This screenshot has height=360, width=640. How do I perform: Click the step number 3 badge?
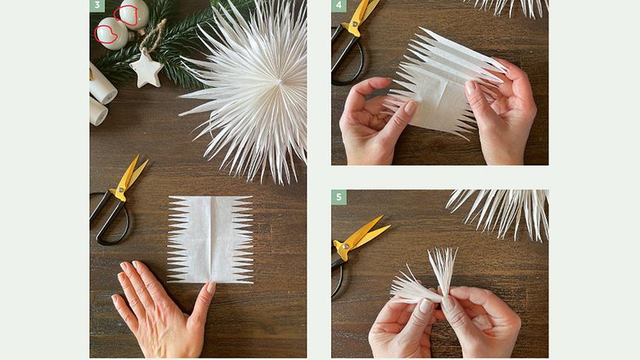(97, 5)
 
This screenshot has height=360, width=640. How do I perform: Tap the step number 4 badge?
(339, 5)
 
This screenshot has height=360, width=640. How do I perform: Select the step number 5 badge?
(339, 197)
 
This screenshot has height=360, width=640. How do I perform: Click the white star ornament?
(146, 70)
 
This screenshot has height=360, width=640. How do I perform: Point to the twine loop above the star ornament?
(153, 35)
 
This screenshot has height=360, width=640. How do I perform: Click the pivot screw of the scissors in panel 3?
(121, 190)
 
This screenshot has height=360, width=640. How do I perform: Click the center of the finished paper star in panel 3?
(279, 82)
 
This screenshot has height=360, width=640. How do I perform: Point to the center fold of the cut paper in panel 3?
(211, 239)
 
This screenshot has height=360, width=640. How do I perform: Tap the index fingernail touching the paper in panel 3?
(210, 287)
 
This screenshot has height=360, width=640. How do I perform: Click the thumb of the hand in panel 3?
(202, 307)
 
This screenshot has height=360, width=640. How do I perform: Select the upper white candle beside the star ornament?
(102, 84)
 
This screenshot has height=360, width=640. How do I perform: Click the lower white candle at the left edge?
(98, 111)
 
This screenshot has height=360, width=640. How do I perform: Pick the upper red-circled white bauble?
(133, 14)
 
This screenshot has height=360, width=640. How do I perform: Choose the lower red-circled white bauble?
(112, 33)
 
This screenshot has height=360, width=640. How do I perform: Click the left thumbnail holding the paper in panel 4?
(409, 107)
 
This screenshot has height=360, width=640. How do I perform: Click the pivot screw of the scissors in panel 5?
(346, 246)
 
